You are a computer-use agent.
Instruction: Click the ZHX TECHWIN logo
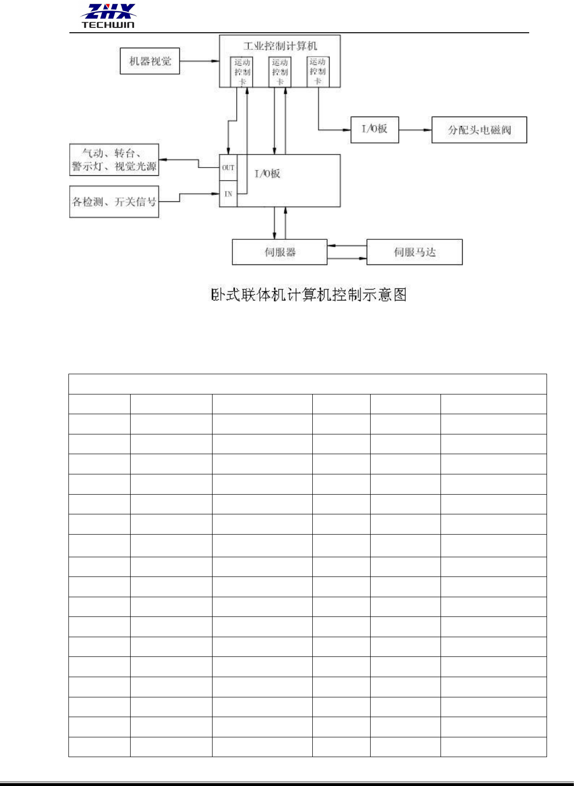click(x=108, y=16)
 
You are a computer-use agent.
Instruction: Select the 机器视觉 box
click(x=150, y=61)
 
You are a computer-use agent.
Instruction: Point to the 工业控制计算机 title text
click(x=280, y=46)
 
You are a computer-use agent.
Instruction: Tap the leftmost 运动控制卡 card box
click(x=242, y=72)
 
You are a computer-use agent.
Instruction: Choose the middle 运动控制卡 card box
click(x=280, y=72)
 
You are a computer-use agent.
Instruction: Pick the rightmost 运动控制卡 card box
click(x=318, y=71)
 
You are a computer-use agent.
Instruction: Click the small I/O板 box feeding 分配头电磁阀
click(x=374, y=130)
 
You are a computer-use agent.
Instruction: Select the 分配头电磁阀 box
click(x=479, y=130)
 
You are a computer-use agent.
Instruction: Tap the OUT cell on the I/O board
click(x=228, y=168)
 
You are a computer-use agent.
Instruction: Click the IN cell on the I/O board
click(x=228, y=194)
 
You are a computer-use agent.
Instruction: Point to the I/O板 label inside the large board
click(x=267, y=174)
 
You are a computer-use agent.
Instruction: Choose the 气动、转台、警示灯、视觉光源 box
click(x=114, y=160)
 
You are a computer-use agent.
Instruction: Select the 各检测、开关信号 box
click(x=114, y=202)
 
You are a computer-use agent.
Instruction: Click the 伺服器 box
click(x=280, y=252)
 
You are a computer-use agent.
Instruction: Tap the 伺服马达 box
click(x=414, y=252)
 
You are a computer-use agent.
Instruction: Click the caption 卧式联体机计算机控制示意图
click(x=309, y=295)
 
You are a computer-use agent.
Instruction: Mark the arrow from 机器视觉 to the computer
click(x=199, y=61)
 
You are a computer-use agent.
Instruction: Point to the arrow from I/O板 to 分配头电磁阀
click(x=415, y=130)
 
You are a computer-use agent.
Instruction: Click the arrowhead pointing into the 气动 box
click(x=162, y=159)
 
